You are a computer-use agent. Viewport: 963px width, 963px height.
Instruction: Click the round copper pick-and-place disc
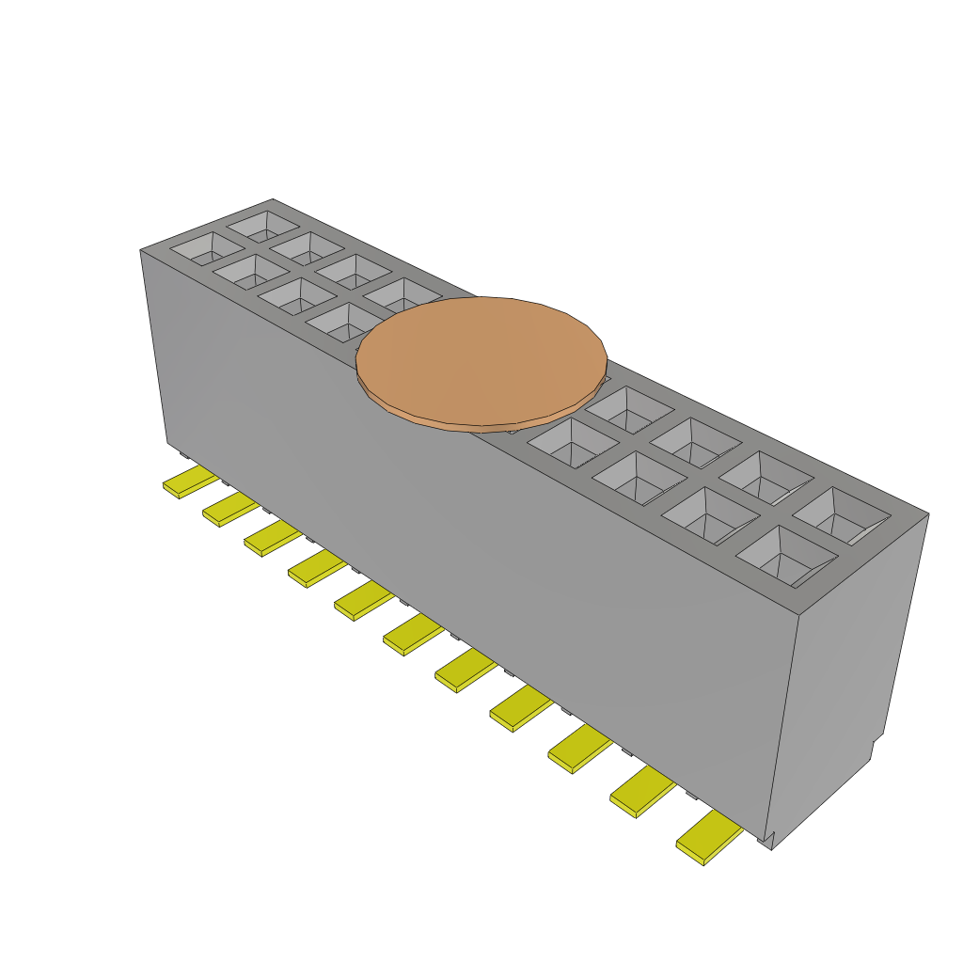[x=481, y=360]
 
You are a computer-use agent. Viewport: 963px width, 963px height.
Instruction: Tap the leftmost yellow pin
[x=189, y=481]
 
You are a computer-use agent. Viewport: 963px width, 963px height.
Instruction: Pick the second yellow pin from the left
[x=229, y=510]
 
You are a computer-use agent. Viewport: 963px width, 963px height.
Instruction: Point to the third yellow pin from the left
[x=271, y=539]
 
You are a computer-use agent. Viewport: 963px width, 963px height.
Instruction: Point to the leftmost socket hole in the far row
[x=262, y=225]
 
